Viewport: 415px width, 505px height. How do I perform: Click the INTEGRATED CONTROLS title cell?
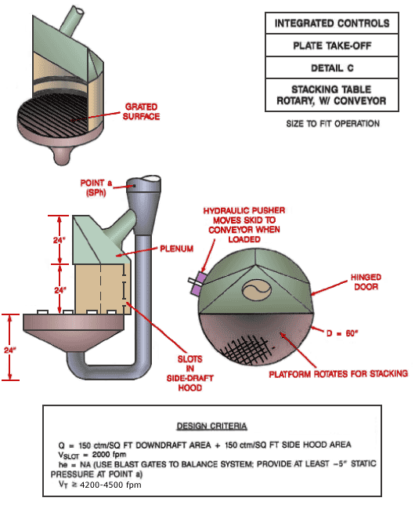pyautogui.click(x=332, y=24)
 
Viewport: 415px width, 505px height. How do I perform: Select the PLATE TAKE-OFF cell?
pyautogui.click(x=332, y=45)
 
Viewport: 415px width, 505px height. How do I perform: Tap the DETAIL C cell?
pyautogui.click(x=332, y=68)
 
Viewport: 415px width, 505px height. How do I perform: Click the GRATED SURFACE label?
pyautogui.click(x=141, y=111)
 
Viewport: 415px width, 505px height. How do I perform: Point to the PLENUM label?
pyautogui.click(x=177, y=249)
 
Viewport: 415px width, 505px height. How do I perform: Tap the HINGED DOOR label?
pyautogui.click(x=366, y=282)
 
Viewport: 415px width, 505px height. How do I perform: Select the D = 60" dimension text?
pyautogui.click(x=342, y=333)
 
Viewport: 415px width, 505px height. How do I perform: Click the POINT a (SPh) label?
pyautogui.click(x=96, y=187)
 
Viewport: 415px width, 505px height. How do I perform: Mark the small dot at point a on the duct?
pyautogui.click(x=134, y=186)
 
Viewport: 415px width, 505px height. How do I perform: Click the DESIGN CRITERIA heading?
pyautogui.click(x=212, y=426)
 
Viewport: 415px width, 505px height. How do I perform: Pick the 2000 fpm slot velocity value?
pyautogui.click(x=109, y=455)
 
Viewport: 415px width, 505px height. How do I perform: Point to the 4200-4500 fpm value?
pyautogui.click(x=110, y=485)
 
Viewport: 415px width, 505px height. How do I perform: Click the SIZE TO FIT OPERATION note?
pyautogui.click(x=333, y=123)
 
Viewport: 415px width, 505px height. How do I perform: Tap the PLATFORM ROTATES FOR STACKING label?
pyautogui.click(x=338, y=373)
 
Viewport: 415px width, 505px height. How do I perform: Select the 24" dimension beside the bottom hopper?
pyautogui.click(x=10, y=350)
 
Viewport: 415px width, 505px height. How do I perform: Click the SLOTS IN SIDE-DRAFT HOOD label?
pyautogui.click(x=189, y=373)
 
